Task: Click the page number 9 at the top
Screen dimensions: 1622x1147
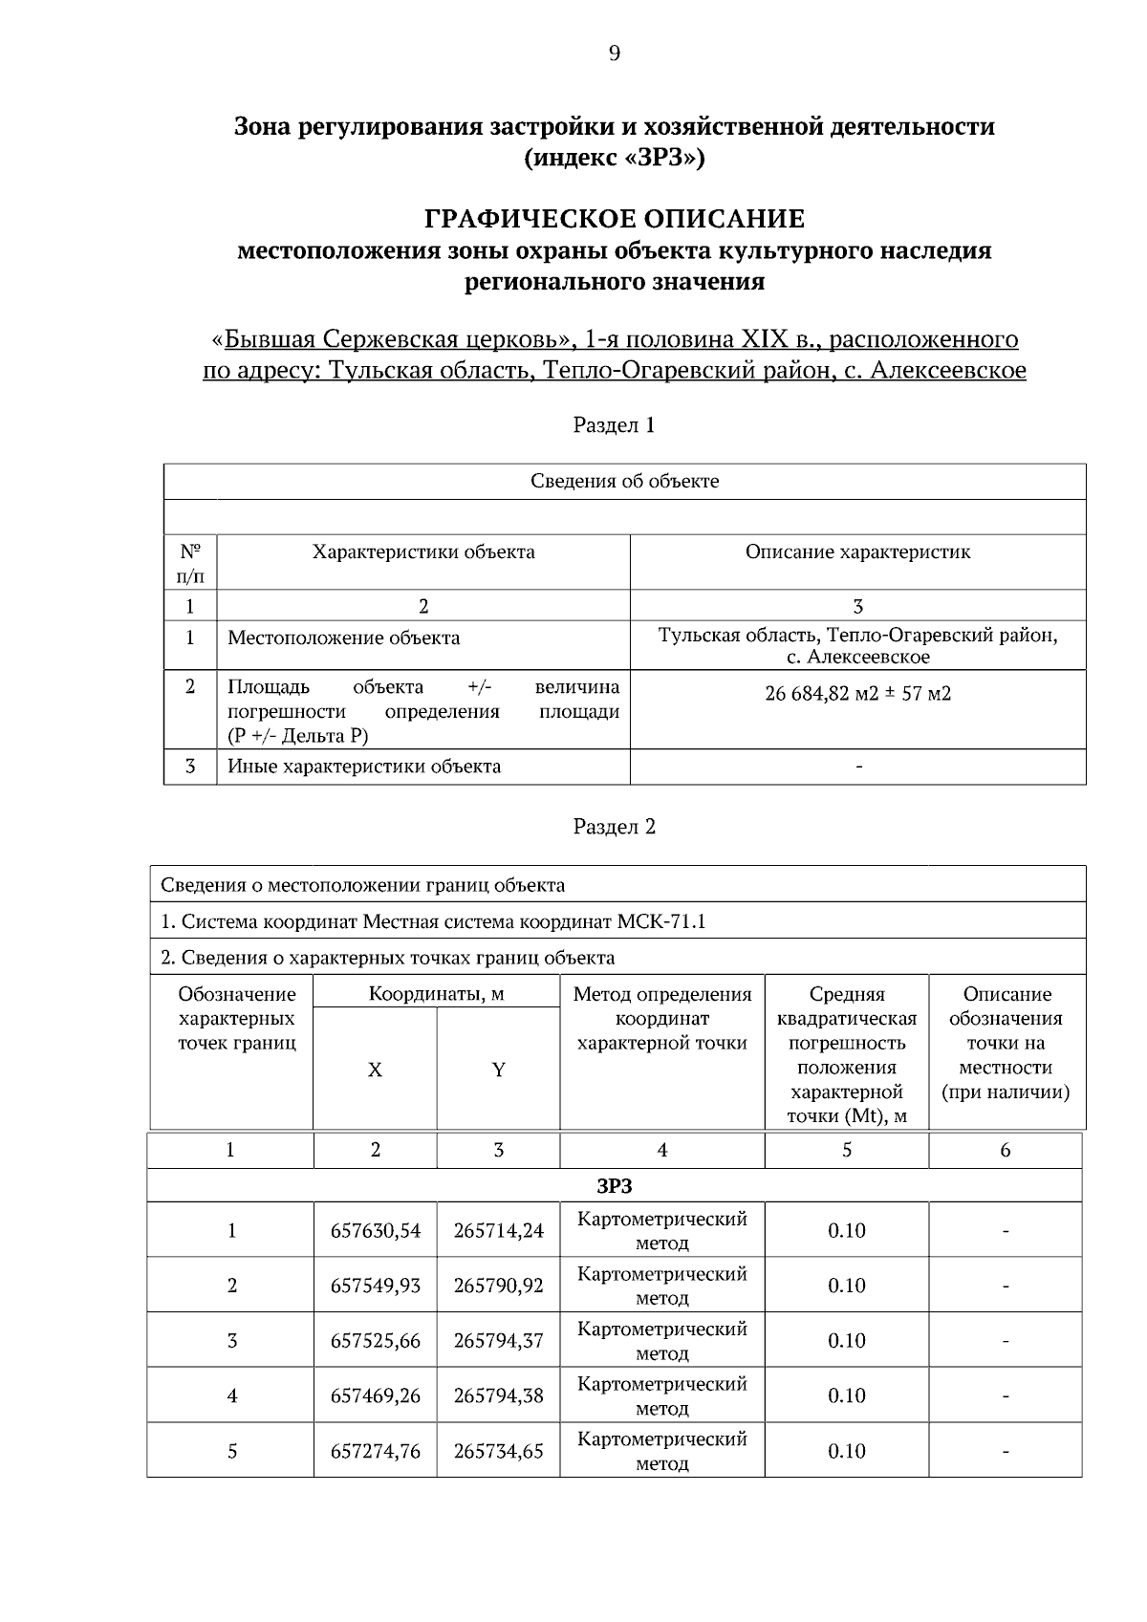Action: pos(614,54)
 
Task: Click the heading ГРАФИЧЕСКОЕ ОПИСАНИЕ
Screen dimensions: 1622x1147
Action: pos(614,220)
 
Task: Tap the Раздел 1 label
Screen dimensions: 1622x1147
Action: pos(614,425)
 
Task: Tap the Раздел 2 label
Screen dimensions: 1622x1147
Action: pos(614,827)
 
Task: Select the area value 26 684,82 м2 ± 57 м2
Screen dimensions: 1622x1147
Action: pos(857,694)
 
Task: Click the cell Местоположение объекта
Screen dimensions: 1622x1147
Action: pos(343,638)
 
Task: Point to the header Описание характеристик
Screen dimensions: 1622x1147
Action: pos(857,551)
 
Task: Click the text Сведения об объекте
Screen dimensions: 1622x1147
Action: pos(624,481)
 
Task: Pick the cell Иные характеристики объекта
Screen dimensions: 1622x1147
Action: pos(363,767)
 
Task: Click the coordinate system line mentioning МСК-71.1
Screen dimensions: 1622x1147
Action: pos(433,922)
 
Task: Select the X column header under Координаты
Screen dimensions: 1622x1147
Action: pos(375,1071)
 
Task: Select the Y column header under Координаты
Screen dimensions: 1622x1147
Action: pos(498,1071)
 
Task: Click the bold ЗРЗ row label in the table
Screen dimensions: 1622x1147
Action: pos(614,1186)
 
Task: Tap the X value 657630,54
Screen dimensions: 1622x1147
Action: pos(376,1231)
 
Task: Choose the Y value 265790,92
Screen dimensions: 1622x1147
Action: pos(498,1286)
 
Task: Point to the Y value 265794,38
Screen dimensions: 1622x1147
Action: pos(498,1395)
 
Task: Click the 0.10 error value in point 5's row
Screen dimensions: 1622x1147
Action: pos(846,1451)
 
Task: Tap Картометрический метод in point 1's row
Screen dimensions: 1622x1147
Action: pos(662,1231)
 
